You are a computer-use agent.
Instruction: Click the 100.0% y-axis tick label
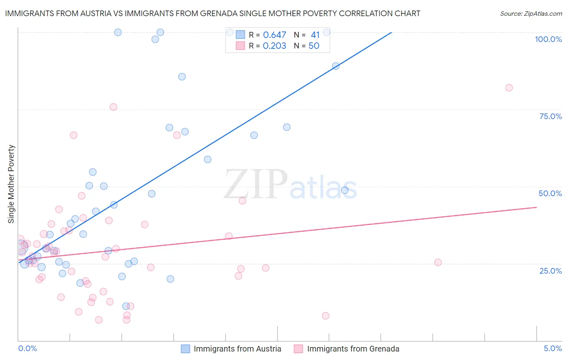(548, 39)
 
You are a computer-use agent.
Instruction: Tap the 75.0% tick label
(550, 116)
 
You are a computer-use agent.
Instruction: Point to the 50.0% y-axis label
(550, 193)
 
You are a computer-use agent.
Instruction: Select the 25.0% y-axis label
(550, 271)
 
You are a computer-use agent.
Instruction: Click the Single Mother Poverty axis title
(11, 184)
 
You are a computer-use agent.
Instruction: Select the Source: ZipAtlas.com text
(531, 13)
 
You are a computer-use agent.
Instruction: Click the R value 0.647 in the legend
(274, 35)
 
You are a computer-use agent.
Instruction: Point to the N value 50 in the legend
(314, 46)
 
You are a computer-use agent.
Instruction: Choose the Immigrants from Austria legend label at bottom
(237, 349)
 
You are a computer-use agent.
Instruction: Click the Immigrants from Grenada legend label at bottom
(353, 349)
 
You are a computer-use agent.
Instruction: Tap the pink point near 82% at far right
(509, 88)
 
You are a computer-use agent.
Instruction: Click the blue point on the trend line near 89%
(336, 66)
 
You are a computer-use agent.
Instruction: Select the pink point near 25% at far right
(438, 262)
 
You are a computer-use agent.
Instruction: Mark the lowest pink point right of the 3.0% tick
(325, 316)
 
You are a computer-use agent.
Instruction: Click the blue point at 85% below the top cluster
(182, 77)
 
